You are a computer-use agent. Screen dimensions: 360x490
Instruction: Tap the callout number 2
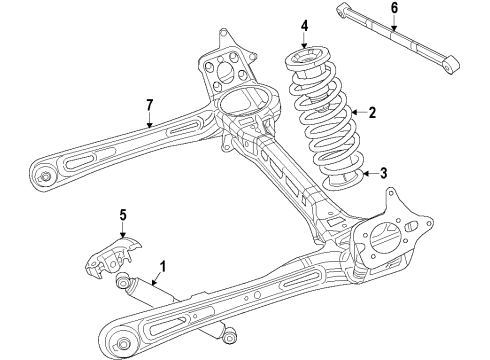pos(372,114)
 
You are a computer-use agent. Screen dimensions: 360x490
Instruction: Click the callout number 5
pos(124,214)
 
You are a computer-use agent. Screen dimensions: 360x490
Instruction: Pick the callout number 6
pos(393,9)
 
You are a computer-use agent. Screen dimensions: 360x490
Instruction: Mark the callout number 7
pos(150,104)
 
